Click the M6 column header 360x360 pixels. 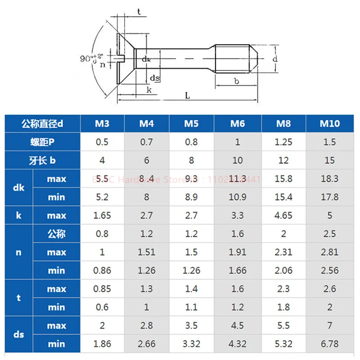pos(237,123)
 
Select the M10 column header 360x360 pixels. pos(329,123)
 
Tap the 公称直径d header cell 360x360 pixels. pos(43,123)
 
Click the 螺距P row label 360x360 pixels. pos(43,142)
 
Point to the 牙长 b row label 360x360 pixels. pos(43,160)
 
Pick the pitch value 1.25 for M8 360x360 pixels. pos(283,142)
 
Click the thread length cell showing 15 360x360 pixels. pos(329,160)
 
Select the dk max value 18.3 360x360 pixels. pos(329,179)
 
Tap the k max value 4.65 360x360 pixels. pos(283,216)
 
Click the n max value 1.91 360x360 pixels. pos(237,252)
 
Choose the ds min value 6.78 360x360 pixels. pos(329,344)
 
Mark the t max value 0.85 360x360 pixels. pos(102,289)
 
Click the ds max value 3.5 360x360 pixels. pos(191,326)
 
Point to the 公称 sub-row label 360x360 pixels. pos(56,234)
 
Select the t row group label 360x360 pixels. pos(18,298)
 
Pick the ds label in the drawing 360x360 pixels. pos(154,78)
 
